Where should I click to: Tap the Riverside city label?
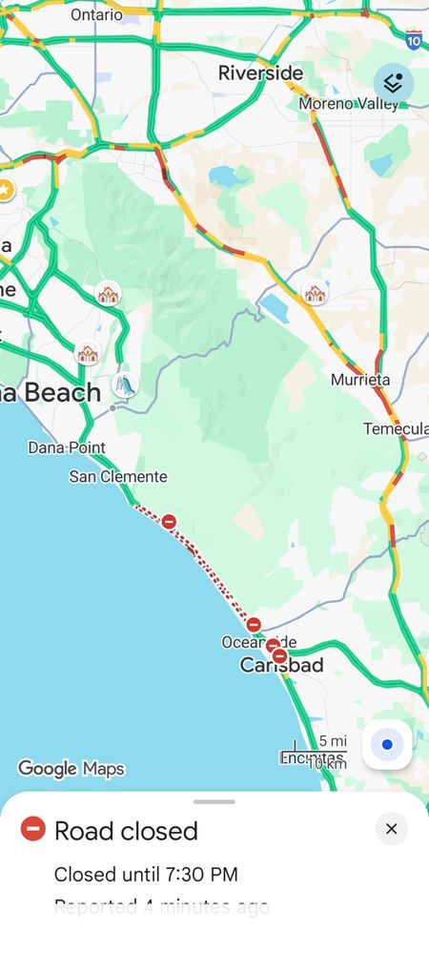coord(260,73)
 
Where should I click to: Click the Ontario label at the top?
coord(96,14)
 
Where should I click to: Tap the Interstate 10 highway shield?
coord(413,39)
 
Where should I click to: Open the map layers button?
coord(393,84)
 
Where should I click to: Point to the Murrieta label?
coord(360,380)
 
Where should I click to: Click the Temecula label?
coord(396,429)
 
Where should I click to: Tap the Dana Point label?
coord(67,447)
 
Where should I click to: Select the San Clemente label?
coord(118,476)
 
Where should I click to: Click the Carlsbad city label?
coord(281,666)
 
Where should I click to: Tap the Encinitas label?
coord(310,757)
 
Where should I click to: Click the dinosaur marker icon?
coord(125,384)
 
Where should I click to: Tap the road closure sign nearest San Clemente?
coord(169,521)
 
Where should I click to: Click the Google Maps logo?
coord(71,768)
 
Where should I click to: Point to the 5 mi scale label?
coord(333,741)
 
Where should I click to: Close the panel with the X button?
coord(391,829)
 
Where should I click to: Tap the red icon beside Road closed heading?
coord(33,829)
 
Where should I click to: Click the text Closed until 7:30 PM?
coord(146,874)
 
